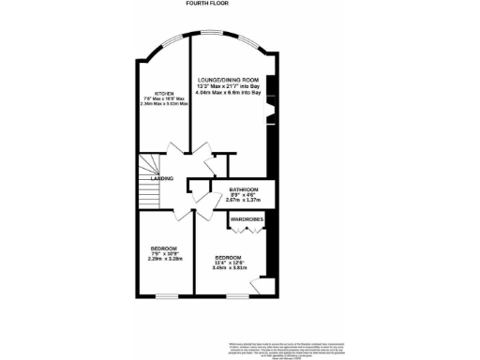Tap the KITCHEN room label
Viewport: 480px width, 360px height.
coord(164,94)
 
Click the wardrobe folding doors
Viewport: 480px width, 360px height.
coord(246,228)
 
